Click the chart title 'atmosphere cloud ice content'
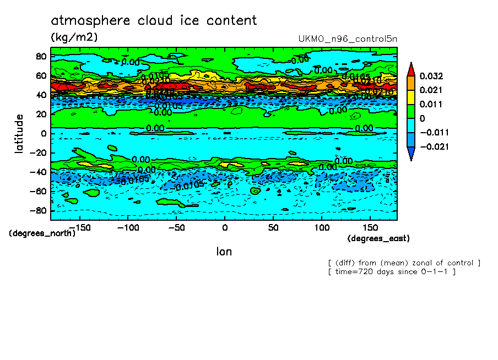(x=154, y=21)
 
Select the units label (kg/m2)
(x=74, y=37)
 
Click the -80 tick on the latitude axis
(x=39, y=211)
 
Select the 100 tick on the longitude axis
(x=322, y=227)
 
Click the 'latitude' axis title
(x=19, y=134)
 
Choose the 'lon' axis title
(x=224, y=252)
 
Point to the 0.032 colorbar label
(x=431, y=76)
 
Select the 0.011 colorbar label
(x=431, y=104)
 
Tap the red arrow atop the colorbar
(x=411, y=68)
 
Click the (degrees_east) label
(x=378, y=238)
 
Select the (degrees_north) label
(x=42, y=233)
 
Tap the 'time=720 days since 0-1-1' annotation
(x=392, y=272)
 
